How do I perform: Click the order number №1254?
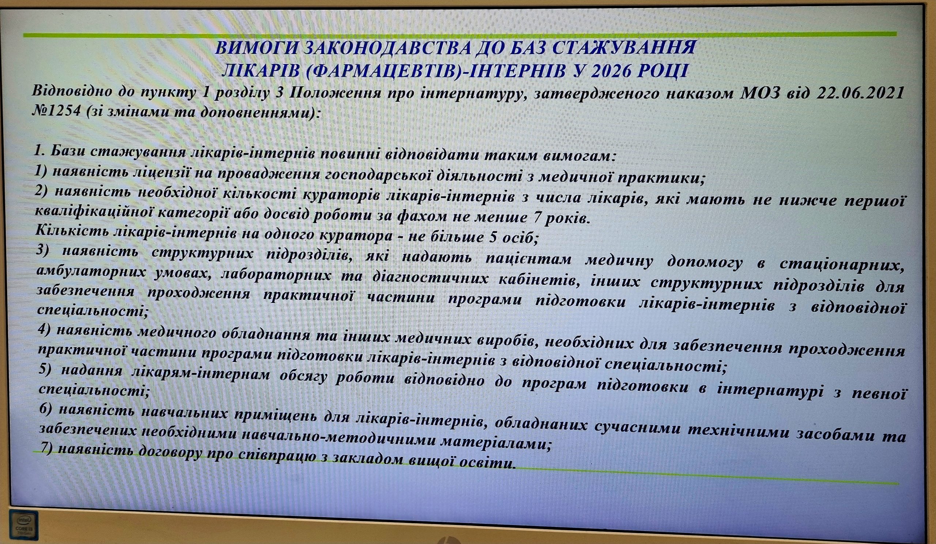click(x=56, y=111)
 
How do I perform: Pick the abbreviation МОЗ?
click(x=762, y=92)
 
